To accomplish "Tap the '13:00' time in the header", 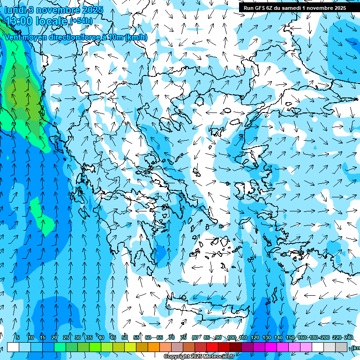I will pos(20,21).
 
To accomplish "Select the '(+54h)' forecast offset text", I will pos(81,21).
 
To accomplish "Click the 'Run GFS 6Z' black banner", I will pos(295,7).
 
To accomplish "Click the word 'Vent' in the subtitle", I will pos(14,37).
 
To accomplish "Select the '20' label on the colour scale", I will pos(54,337).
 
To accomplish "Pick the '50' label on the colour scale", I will pos(124,337).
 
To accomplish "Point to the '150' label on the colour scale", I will pos(290,337).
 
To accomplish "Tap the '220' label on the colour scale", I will pos(337,337).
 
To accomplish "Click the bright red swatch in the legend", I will pos(212,347).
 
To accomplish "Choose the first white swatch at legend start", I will pos(13,347).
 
